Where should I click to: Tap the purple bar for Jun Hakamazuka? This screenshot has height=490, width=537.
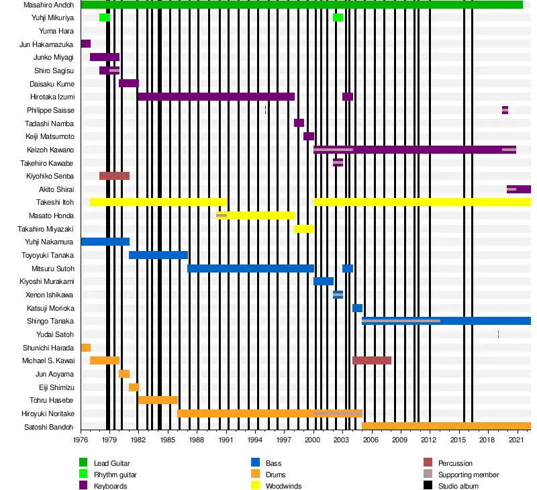[x=85, y=44]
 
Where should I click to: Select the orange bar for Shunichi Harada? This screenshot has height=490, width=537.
[x=85, y=348]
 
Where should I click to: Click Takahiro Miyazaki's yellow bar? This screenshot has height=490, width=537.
[x=303, y=229]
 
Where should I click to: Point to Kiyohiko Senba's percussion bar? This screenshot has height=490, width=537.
[x=114, y=176]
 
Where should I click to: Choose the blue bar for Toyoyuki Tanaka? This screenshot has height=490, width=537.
[x=158, y=255]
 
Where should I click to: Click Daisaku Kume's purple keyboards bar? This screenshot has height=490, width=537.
[x=128, y=83]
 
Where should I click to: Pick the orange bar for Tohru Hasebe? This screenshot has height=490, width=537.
[x=158, y=400]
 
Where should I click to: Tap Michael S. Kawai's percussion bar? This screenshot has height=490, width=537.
[x=371, y=360]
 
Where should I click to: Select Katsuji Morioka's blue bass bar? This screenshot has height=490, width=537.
[x=357, y=308]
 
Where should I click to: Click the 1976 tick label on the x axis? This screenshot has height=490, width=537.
[x=81, y=440]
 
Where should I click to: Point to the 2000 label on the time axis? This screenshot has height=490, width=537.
[x=313, y=440]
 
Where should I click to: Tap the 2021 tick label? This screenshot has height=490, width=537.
[x=516, y=440]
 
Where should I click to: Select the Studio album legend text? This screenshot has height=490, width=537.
[x=458, y=486]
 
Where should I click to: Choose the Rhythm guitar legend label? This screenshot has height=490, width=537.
[x=115, y=475]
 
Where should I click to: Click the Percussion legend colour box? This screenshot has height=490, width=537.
[x=428, y=463]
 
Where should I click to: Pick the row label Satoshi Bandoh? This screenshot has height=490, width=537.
[x=49, y=427]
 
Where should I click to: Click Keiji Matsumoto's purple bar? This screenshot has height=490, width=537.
[x=308, y=136]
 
